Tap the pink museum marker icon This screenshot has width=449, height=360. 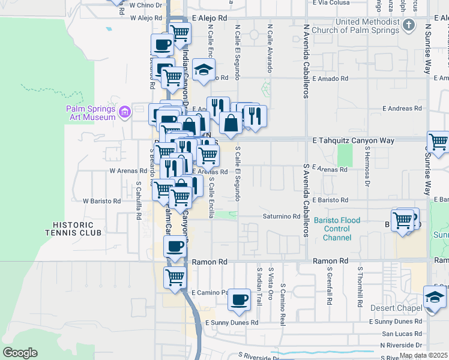(x=125, y=112)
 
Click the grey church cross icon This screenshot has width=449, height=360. (x=409, y=25)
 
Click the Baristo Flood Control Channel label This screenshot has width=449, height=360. (x=337, y=229)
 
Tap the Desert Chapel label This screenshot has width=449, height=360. (x=402, y=308)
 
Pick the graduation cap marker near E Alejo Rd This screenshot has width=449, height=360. (x=204, y=70)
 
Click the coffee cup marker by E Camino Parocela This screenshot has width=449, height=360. (x=240, y=299)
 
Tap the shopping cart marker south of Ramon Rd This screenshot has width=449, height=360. (x=175, y=277)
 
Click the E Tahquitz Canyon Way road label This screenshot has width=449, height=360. (x=354, y=140)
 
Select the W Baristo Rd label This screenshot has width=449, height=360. (x=102, y=201)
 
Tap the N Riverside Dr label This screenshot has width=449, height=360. (x=405, y=346)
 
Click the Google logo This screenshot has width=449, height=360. (x=20, y=352)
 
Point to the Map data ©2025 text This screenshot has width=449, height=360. (x=423, y=355)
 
